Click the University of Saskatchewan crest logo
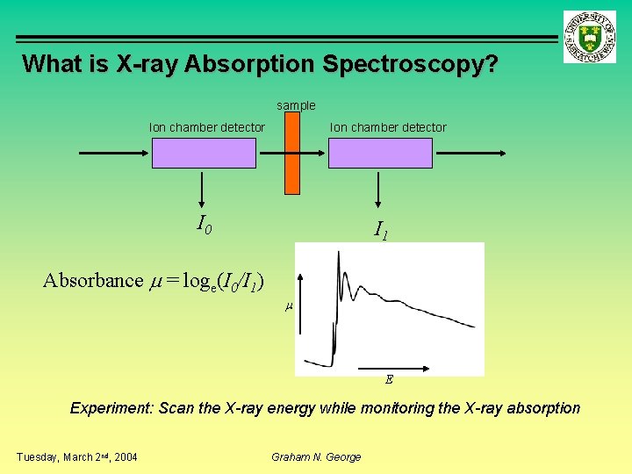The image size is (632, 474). (x=590, y=37)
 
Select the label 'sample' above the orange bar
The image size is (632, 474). (x=296, y=105)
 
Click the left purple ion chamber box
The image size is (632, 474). (x=204, y=153)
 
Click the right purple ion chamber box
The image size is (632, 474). (x=380, y=153)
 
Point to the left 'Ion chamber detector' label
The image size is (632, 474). (x=207, y=127)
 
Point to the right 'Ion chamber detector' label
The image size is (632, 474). (x=388, y=127)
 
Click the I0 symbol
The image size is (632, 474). (x=204, y=226)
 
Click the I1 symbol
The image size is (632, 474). (x=381, y=231)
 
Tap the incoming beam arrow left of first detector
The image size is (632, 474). (x=114, y=153)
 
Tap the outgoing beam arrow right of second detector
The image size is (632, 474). (x=470, y=153)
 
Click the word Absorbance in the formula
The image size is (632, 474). (x=93, y=280)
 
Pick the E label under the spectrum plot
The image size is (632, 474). (x=389, y=380)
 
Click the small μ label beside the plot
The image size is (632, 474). (x=288, y=306)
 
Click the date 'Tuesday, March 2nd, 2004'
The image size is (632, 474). (x=77, y=456)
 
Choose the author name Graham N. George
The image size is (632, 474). (x=317, y=456)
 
